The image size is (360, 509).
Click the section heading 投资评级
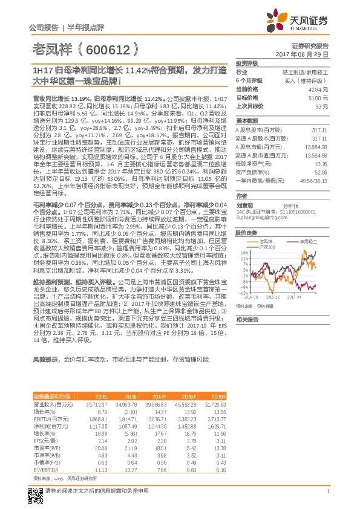(x=246, y=63)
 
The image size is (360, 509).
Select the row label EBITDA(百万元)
(x=49, y=418)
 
